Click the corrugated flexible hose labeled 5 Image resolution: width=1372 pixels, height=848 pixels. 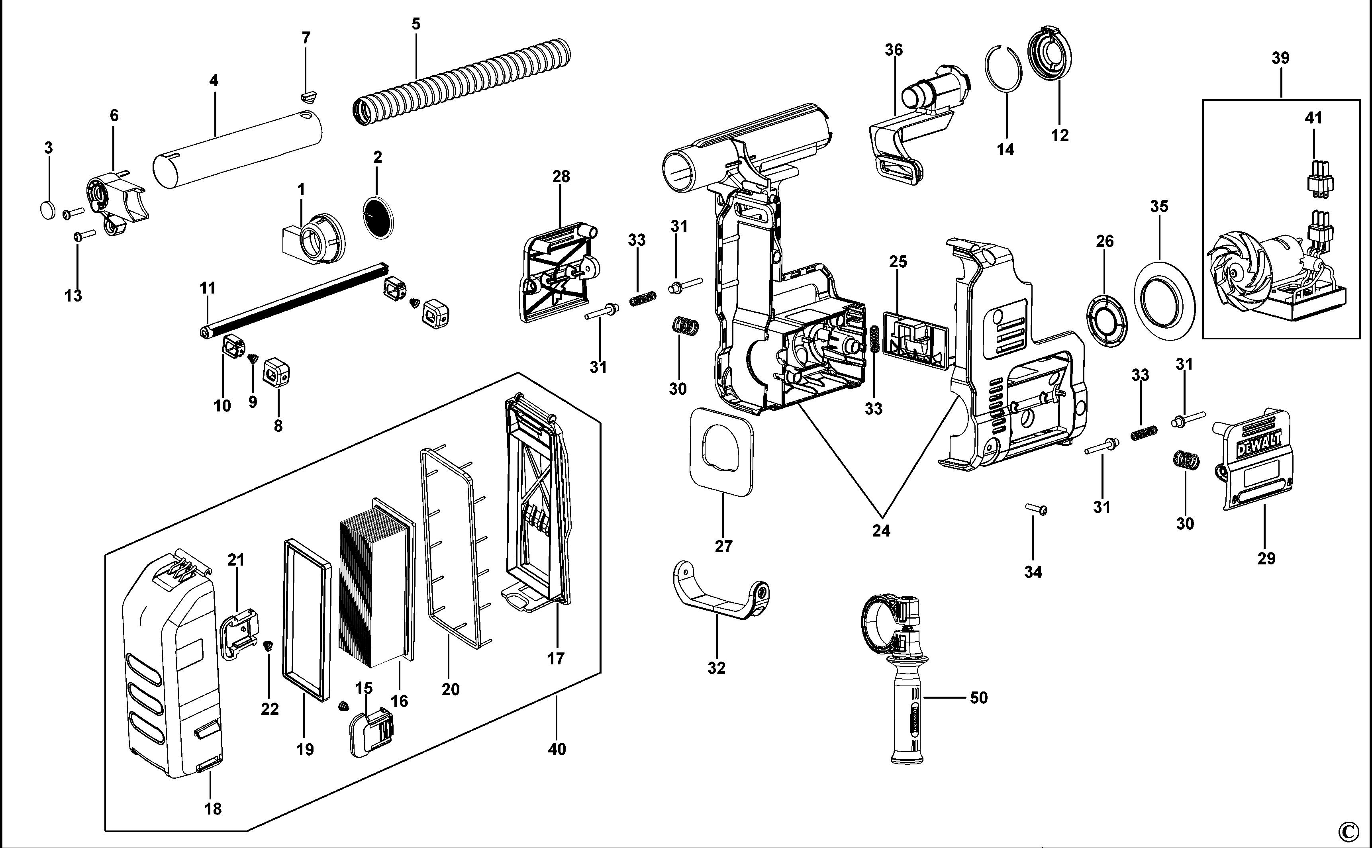tap(460, 81)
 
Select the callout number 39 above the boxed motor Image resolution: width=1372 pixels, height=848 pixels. tap(1280, 58)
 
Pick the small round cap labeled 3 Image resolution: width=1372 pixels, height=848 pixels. tap(48, 210)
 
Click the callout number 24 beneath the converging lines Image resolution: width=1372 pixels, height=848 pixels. tap(881, 531)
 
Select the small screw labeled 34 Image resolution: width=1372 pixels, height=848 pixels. tap(1037, 509)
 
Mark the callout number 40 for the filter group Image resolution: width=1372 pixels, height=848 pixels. tap(557, 749)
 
